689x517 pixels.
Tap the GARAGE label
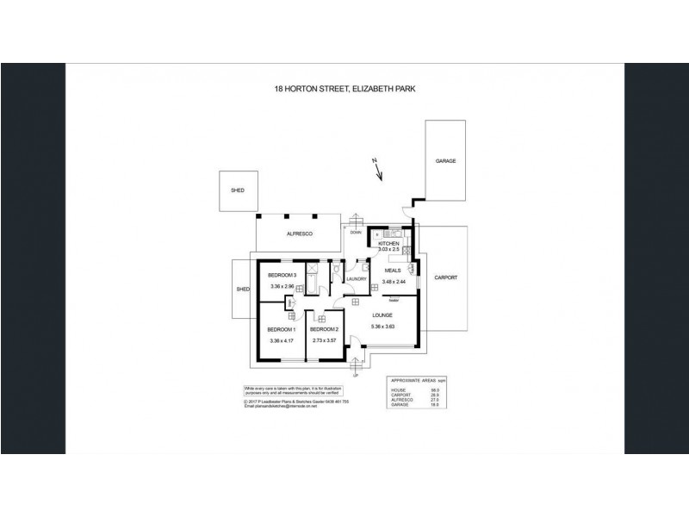coord(445,161)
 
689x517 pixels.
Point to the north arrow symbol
coord(377,172)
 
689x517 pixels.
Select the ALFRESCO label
coord(299,234)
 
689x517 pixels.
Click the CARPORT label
coord(445,278)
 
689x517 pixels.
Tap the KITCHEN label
coord(389,244)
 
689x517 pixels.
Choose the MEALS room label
coord(394,270)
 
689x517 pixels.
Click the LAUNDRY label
coord(357,278)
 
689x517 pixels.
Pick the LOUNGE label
coord(382,316)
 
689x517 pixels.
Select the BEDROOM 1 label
coord(282,329)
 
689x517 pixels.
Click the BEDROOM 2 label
coord(323,329)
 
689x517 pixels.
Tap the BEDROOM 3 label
coord(282,275)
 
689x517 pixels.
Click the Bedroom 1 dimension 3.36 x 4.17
coord(282,341)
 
